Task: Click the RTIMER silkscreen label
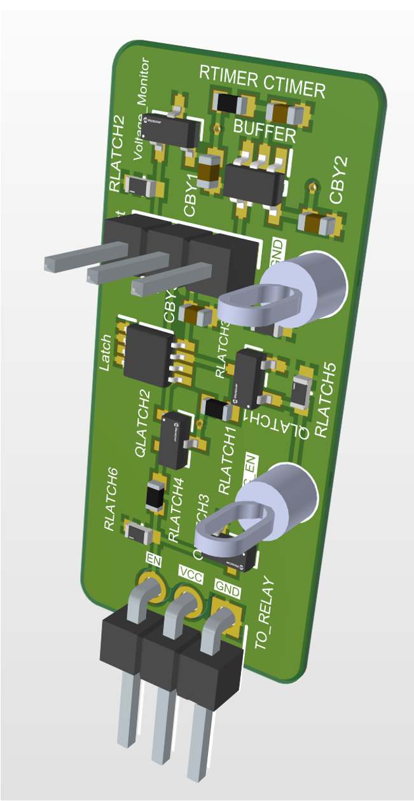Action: tap(228, 78)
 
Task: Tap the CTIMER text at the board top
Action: tap(294, 87)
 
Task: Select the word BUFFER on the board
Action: tap(265, 132)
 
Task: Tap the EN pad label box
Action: tap(153, 559)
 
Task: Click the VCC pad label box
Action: tap(191, 576)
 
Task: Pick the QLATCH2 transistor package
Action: tap(171, 441)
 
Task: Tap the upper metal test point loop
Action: tap(260, 305)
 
